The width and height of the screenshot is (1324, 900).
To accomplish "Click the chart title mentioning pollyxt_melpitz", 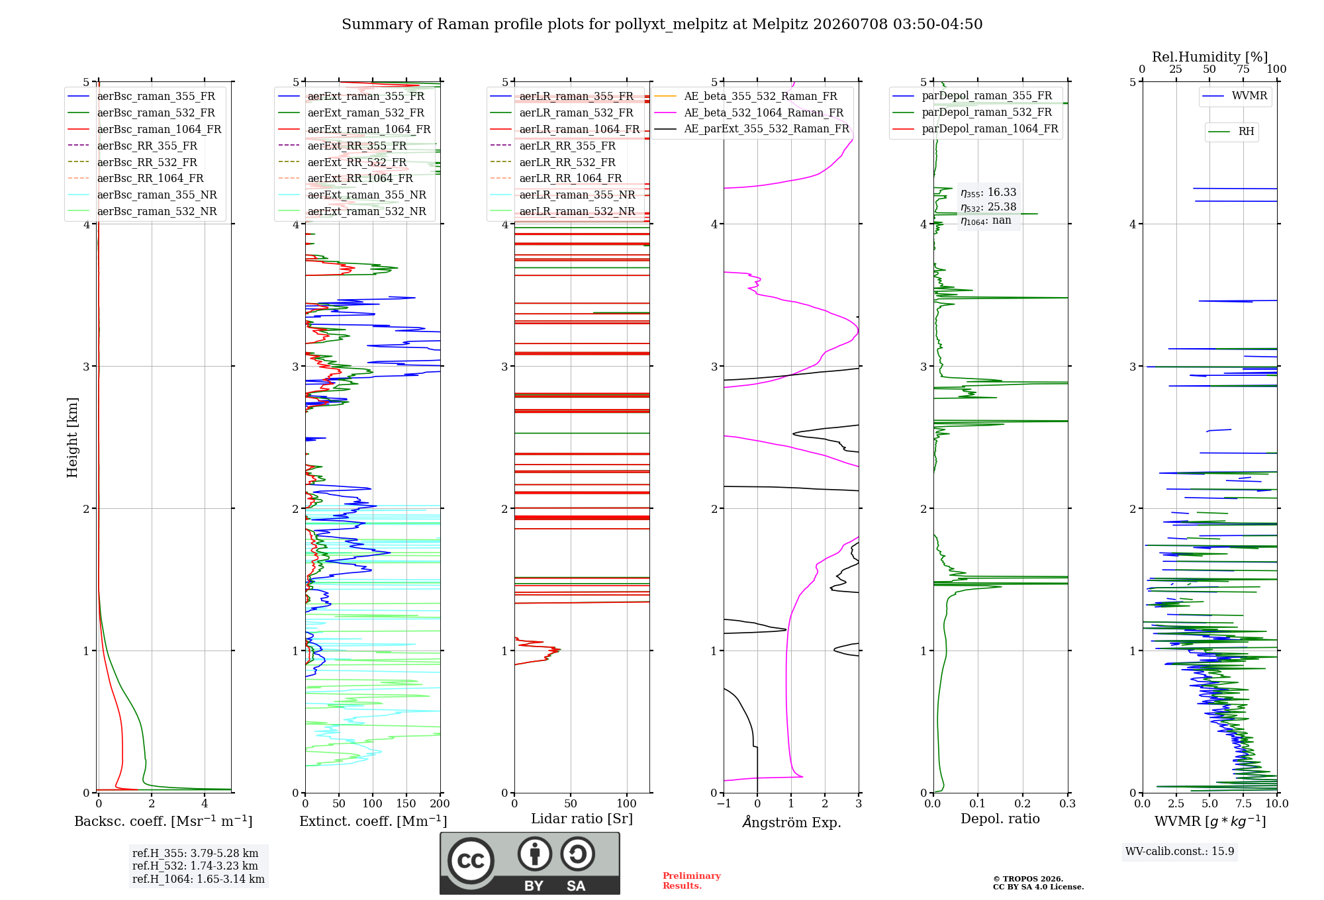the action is [662, 24].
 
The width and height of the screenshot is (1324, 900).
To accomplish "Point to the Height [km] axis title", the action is [72, 437].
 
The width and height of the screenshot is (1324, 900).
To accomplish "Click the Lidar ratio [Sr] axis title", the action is [582, 819].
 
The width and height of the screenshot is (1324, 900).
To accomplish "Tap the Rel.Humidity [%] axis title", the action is [1209, 57].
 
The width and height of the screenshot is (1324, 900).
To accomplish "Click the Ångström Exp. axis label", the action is [792, 822].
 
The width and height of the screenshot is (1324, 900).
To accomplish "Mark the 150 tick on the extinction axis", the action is [406, 803].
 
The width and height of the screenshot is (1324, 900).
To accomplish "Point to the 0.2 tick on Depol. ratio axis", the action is [1023, 803].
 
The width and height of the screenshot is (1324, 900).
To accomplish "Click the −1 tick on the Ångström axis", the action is [724, 803].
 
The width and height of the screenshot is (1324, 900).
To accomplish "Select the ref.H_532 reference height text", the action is [195, 866].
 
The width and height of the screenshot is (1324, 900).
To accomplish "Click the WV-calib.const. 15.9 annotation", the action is [1180, 851].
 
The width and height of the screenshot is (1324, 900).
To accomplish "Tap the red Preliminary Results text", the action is [692, 881].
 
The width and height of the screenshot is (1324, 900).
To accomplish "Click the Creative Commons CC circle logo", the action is [471, 861].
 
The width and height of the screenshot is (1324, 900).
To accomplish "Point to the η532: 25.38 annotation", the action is [988, 207].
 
